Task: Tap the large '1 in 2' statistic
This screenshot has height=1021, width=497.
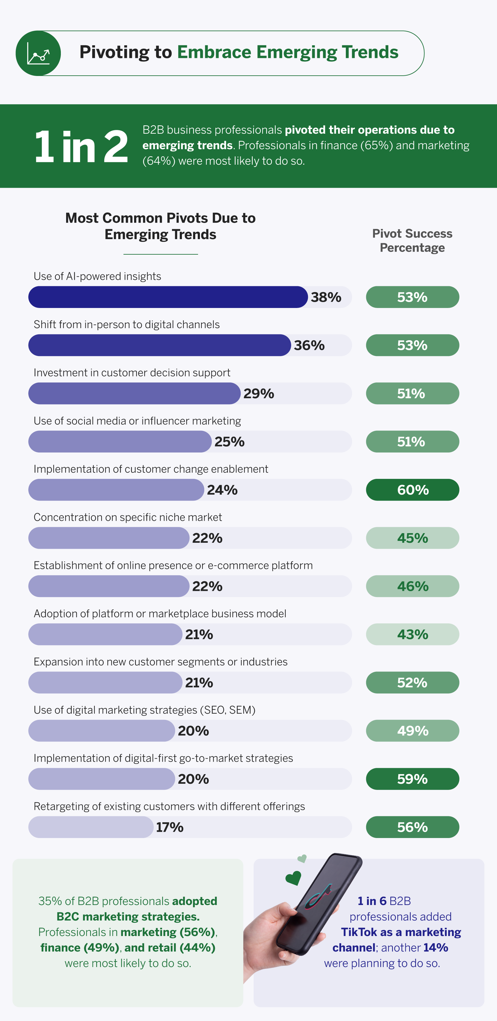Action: (x=81, y=147)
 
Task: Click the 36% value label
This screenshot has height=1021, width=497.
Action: (x=309, y=346)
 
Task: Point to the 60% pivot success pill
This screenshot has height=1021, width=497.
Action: (x=412, y=490)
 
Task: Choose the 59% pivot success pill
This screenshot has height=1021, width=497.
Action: (x=412, y=779)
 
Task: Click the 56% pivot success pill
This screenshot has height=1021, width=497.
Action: (x=412, y=827)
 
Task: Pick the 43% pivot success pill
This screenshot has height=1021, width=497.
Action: (x=412, y=635)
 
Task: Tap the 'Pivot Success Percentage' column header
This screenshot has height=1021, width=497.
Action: (x=412, y=241)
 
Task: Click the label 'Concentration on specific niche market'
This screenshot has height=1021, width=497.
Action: (x=128, y=517)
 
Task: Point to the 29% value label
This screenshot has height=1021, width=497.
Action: (x=259, y=394)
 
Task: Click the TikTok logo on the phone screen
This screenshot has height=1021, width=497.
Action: (x=318, y=895)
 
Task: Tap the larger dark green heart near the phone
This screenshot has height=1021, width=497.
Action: (x=294, y=878)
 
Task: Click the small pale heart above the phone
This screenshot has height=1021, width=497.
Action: (x=302, y=858)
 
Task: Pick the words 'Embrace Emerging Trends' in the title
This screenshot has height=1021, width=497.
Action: (x=287, y=52)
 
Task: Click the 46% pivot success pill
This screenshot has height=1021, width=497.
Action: (x=412, y=586)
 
